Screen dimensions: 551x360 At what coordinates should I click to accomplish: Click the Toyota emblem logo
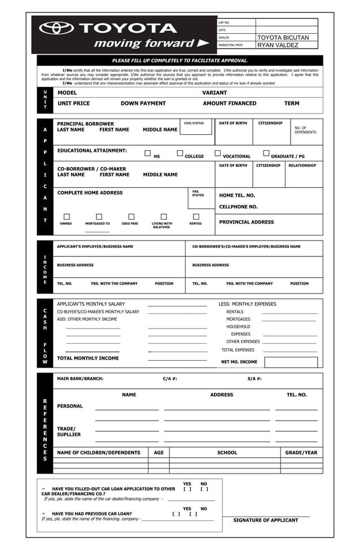pyautogui.click(x=56, y=28)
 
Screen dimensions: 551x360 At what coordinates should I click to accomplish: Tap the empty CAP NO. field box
pyautogui.click(x=286, y=23)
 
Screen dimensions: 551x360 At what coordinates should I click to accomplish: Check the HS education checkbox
pyautogui.click(x=148, y=153)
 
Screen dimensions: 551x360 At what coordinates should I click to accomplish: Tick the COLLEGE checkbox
pyautogui.click(x=180, y=153)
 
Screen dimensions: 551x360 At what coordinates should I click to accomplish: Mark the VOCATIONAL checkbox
pyautogui.click(x=218, y=153)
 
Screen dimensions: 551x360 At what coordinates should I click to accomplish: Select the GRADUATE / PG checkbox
pyautogui.click(x=266, y=153)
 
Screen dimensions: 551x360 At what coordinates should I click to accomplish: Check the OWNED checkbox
pyautogui.click(x=67, y=216)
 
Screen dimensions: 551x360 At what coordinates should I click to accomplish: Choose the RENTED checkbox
pyautogui.click(x=196, y=216)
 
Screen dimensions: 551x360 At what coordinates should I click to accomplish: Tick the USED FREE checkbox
pyautogui.click(x=131, y=216)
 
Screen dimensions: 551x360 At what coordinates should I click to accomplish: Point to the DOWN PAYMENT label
pyautogui.click(x=143, y=104)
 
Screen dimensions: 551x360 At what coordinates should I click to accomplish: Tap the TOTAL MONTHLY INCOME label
pyautogui.click(x=88, y=358)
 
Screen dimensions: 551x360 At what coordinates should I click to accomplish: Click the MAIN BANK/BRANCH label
pyautogui.click(x=80, y=379)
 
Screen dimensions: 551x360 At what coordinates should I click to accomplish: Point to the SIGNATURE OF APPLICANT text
pyautogui.click(x=266, y=521)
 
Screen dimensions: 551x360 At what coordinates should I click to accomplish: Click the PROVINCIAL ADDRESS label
pyautogui.click(x=247, y=222)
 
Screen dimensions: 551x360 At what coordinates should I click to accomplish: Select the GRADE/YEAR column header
pyautogui.click(x=301, y=453)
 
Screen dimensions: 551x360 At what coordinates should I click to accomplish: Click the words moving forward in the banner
pyautogui.click(x=144, y=44)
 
